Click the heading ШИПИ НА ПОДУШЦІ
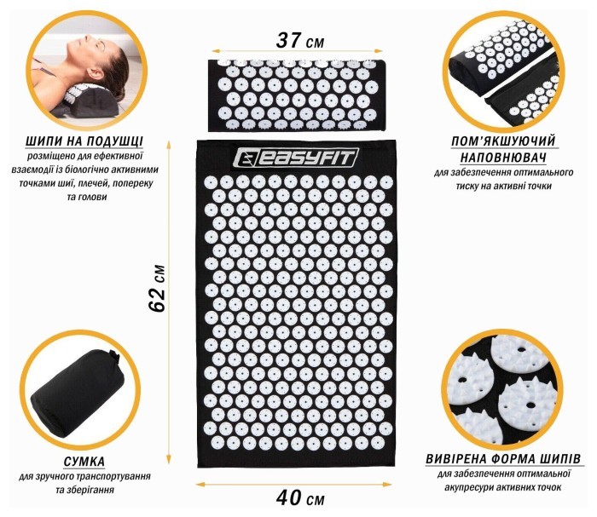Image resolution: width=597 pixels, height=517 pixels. click(72, 141)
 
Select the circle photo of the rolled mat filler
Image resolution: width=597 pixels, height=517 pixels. click(508, 69)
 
